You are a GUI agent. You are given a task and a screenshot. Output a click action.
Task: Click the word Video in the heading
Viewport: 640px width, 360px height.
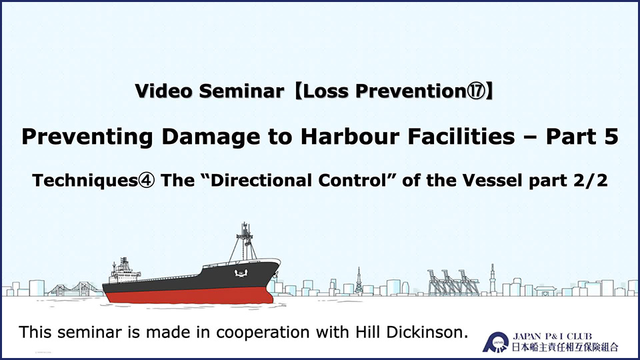[x=163, y=91]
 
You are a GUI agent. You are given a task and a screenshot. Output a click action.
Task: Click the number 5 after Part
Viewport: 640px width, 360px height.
[x=611, y=136]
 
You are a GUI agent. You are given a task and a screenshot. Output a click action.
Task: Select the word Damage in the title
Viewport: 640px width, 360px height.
[x=211, y=137]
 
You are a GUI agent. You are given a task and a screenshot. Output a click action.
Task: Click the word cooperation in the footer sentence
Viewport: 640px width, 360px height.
[x=263, y=333]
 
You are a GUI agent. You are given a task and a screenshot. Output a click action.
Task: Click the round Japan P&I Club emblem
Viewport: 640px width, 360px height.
[x=496, y=342]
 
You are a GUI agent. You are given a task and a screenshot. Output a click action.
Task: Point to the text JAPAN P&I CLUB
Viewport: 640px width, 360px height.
[x=552, y=337]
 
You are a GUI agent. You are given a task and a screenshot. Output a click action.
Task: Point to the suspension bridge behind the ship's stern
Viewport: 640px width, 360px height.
[x=75, y=289]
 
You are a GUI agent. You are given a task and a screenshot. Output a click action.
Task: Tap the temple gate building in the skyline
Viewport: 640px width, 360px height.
[x=545, y=290]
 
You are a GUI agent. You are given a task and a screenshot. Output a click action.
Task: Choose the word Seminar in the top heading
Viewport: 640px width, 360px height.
[x=241, y=91]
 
